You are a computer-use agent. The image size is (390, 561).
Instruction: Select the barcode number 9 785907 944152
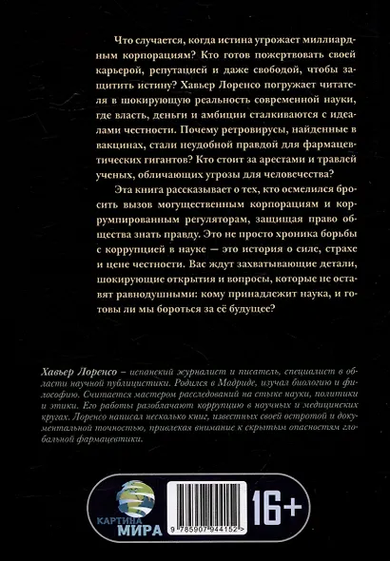[x=217, y=536]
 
